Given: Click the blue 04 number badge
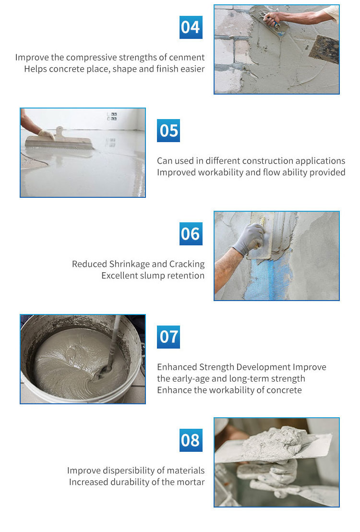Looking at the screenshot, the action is (x=191, y=27).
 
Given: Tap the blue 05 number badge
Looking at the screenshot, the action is (x=168, y=130).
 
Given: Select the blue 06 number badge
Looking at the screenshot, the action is (x=191, y=234).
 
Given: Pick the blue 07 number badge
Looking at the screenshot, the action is (x=168, y=337).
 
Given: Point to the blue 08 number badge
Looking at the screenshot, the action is (x=191, y=440).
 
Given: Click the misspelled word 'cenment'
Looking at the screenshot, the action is (x=188, y=57).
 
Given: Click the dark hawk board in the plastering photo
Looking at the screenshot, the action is (x=324, y=49).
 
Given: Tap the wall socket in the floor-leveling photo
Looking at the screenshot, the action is (x=112, y=116).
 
